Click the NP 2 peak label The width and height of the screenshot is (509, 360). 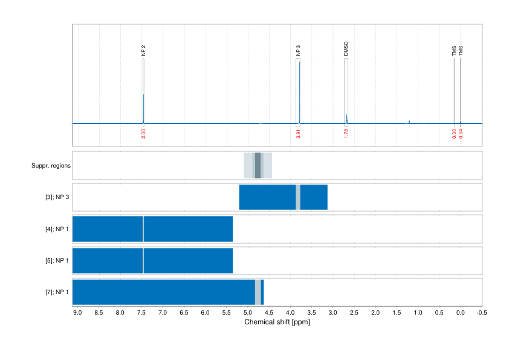click(x=143, y=51)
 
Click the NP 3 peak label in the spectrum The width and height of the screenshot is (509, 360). click(x=298, y=51)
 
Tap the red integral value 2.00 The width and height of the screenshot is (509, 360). click(x=143, y=134)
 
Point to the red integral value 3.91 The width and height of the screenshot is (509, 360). click(x=298, y=134)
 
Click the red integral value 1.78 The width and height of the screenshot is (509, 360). click(x=346, y=134)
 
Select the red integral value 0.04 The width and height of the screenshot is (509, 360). click(x=461, y=134)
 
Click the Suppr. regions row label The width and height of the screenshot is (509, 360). click(x=51, y=165)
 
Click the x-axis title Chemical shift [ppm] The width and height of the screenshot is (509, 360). click(x=277, y=322)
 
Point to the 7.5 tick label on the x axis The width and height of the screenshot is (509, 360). click(x=141, y=313)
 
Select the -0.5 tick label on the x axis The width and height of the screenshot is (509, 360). click(x=481, y=313)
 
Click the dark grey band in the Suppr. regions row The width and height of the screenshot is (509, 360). click(x=258, y=165)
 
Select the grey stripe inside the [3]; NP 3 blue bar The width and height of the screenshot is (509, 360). click(x=298, y=197)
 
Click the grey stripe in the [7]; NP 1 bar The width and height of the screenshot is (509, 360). click(x=258, y=292)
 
